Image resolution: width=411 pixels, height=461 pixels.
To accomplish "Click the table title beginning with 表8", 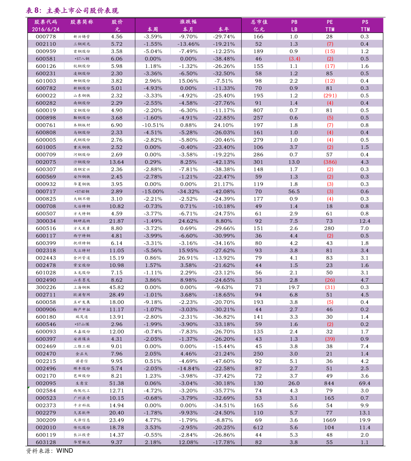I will [72, 11].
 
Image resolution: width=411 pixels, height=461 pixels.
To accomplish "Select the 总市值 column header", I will [259, 22].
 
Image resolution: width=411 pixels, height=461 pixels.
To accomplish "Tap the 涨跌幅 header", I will [188, 22].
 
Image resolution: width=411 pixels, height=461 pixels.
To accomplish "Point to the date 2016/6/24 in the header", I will [46, 29].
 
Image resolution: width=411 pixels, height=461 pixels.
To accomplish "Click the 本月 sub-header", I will [188, 29].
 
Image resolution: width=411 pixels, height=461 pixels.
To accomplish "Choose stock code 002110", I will [46, 44].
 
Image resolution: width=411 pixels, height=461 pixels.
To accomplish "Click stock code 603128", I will [46, 442].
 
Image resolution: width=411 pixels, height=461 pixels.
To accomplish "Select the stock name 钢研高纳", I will [82, 221].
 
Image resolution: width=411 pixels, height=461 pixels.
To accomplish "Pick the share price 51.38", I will [117, 383].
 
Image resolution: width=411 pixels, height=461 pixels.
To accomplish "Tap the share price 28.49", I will [117, 295].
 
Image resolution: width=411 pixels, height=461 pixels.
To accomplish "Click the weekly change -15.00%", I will [153, 192].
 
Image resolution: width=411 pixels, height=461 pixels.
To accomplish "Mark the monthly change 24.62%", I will [188, 221].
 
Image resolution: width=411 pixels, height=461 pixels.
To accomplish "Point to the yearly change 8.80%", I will [224, 221].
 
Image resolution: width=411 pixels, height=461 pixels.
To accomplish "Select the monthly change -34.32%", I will [188, 192].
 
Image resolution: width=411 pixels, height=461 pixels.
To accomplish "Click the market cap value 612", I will [258, 428].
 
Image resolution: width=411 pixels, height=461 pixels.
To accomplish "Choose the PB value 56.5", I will [294, 192].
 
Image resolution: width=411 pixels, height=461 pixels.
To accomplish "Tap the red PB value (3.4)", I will [294, 59].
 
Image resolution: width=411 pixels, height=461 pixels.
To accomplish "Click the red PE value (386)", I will [330, 162].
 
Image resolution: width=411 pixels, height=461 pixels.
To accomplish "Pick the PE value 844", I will [329, 383].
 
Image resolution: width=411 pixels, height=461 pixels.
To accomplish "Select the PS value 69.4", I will [365, 383].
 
